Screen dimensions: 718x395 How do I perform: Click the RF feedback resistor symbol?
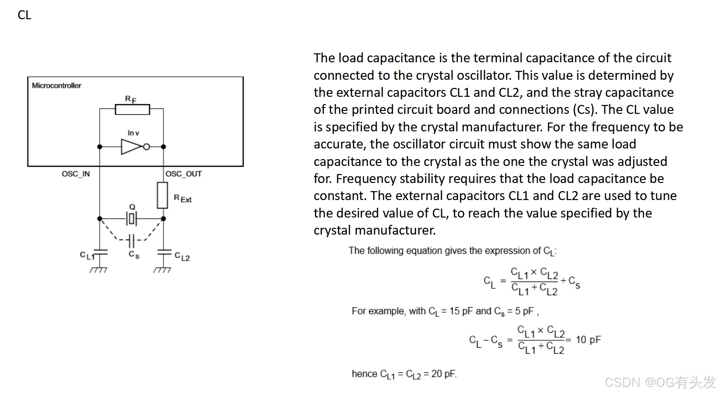132,110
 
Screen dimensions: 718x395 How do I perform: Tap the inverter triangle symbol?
132,147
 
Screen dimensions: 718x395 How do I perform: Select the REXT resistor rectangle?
162,195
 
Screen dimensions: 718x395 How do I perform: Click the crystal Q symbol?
132,219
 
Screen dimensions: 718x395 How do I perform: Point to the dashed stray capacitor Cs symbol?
131,241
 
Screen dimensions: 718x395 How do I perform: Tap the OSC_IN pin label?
76,174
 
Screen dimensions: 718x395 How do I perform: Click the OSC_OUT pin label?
184,174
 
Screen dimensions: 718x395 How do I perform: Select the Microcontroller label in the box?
56,85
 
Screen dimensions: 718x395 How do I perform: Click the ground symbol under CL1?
98,270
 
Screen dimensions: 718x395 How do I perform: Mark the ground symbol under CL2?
162,270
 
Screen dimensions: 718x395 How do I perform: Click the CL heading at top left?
24,15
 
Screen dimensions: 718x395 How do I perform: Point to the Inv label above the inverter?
133,133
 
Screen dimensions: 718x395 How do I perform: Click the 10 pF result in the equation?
588,340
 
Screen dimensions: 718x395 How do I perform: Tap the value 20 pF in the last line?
443,374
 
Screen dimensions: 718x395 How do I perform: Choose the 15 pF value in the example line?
461,311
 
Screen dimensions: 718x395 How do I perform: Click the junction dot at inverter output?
164,147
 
